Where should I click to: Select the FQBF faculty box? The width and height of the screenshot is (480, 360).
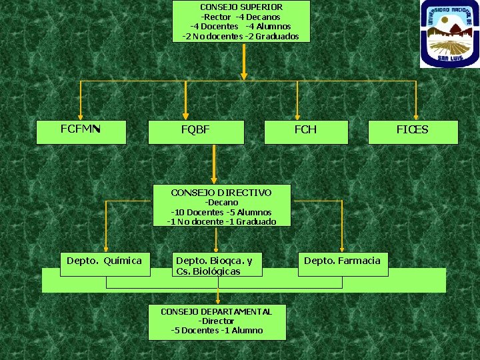(x=195, y=131)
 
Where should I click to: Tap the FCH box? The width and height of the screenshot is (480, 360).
(x=306, y=131)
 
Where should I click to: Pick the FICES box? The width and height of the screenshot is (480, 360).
(x=413, y=131)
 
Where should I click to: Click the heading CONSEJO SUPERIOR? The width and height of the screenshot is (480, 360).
(x=241, y=7)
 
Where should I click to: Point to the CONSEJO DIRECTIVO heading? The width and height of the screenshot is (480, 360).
(x=221, y=193)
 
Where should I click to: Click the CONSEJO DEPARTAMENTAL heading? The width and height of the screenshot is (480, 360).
(x=216, y=311)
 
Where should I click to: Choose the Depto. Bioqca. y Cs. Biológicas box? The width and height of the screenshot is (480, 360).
(x=217, y=265)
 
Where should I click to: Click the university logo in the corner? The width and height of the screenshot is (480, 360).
(x=449, y=33)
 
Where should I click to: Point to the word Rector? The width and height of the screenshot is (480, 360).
(x=217, y=17)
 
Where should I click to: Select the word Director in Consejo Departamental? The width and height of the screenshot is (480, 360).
(x=217, y=321)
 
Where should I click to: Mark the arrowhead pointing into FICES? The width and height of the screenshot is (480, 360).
(x=416, y=115)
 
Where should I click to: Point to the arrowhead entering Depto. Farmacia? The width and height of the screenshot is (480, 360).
(x=342, y=250)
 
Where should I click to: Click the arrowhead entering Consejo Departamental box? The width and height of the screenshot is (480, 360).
(x=217, y=302)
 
